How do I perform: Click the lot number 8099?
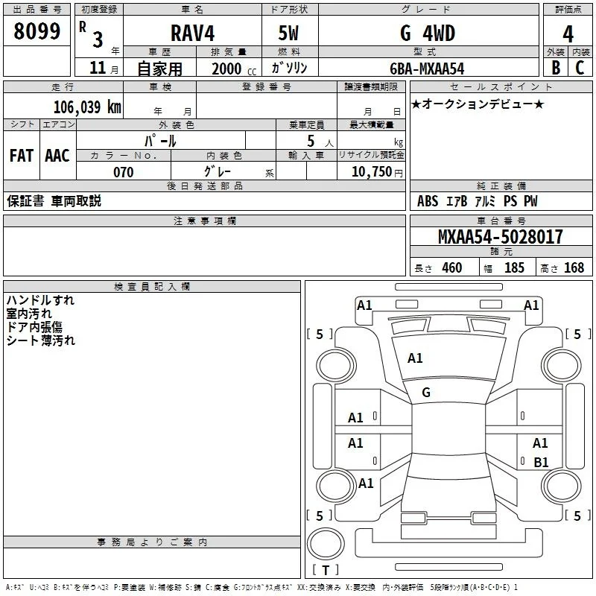pos(37,31)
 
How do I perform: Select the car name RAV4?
pos(192,33)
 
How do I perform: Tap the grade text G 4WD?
pos(428,33)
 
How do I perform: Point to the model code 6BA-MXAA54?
pos(427,69)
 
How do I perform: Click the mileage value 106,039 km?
pos(87,107)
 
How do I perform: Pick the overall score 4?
pos(568,34)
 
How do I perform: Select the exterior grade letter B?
pos(556,68)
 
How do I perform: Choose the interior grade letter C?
pos(580,68)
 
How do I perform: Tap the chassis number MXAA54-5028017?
pos(500,236)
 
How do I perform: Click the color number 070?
pos(124,172)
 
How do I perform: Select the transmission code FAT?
pos(22,156)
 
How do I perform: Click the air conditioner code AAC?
pos(57,156)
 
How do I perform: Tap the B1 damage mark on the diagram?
pos(541,462)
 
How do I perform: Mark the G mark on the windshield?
pos(426,393)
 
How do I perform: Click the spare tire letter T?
pos(326,570)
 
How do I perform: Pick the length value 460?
pos(452,267)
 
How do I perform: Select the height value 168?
pos(574,267)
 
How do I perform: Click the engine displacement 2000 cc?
pos(234,69)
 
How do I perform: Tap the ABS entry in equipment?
pos(428,201)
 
